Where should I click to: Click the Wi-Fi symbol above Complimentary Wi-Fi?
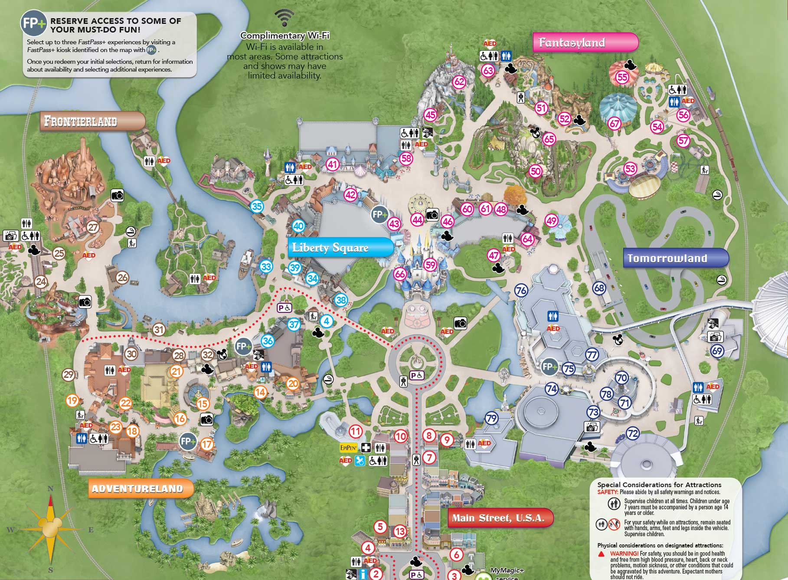(x=284, y=18)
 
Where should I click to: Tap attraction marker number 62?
(x=459, y=82)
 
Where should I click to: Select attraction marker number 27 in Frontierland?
(x=93, y=227)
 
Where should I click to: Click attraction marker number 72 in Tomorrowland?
(x=633, y=433)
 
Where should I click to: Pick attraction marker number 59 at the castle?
(x=430, y=265)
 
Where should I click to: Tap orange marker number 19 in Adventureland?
(x=72, y=400)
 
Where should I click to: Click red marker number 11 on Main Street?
(x=356, y=431)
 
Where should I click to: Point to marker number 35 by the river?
(x=257, y=206)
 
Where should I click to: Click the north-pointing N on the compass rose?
(x=50, y=489)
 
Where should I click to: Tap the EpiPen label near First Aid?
(x=349, y=448)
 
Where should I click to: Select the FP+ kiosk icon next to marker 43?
(x=379, y=214)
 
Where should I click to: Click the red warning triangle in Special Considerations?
(x=601, y=554)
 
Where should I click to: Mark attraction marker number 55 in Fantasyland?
(x=622, y=77)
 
